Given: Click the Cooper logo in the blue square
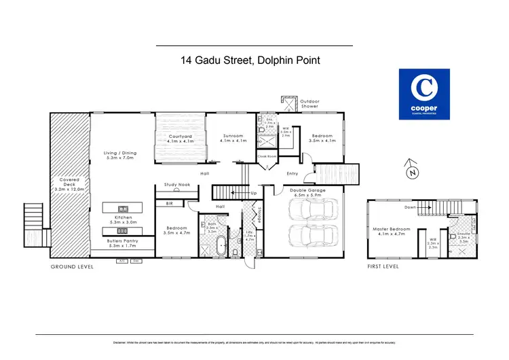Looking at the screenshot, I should click(x=426, y=94).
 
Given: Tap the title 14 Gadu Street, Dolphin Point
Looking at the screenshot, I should click(x=250, y=60).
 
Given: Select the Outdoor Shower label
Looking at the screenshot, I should click(x=309, y=105).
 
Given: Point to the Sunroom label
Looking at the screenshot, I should click(x=232, y=139).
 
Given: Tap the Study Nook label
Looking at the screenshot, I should click(x=176, y=184).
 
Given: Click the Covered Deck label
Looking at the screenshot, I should click(x=70, y=184).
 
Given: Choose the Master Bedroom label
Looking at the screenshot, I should click(x=391, y=231).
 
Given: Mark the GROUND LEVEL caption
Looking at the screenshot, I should click(x=72, y=267).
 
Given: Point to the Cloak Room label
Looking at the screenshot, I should click(x=267, y=156).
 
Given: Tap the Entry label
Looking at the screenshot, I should click(x=292, y=173).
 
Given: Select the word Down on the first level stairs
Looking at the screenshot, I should click(x=411, y=208).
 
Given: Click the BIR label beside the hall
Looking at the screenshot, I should click(x=170, y=202).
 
